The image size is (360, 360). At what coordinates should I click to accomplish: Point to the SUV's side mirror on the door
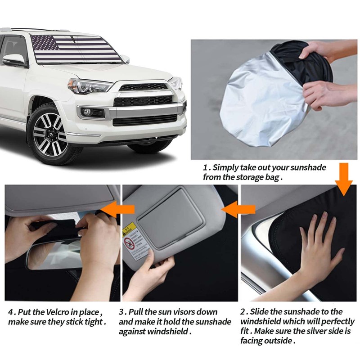point(14,60)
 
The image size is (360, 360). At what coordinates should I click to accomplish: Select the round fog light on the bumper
point(87,112)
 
